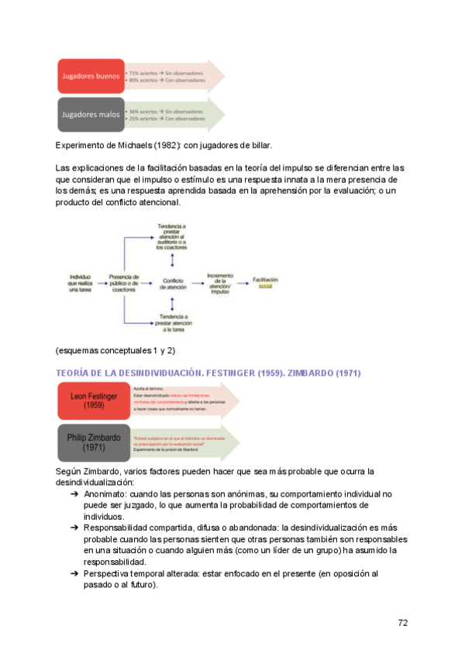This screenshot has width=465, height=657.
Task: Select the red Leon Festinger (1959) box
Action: pos(93,401)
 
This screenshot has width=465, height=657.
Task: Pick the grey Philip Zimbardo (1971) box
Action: pos(93,442)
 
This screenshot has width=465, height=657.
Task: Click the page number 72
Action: pos(403,622)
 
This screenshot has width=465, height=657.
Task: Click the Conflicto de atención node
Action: pos(173,284)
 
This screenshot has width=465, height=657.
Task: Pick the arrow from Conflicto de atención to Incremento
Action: pos(196,284)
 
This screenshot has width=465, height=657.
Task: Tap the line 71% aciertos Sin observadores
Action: pos(161,73)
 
